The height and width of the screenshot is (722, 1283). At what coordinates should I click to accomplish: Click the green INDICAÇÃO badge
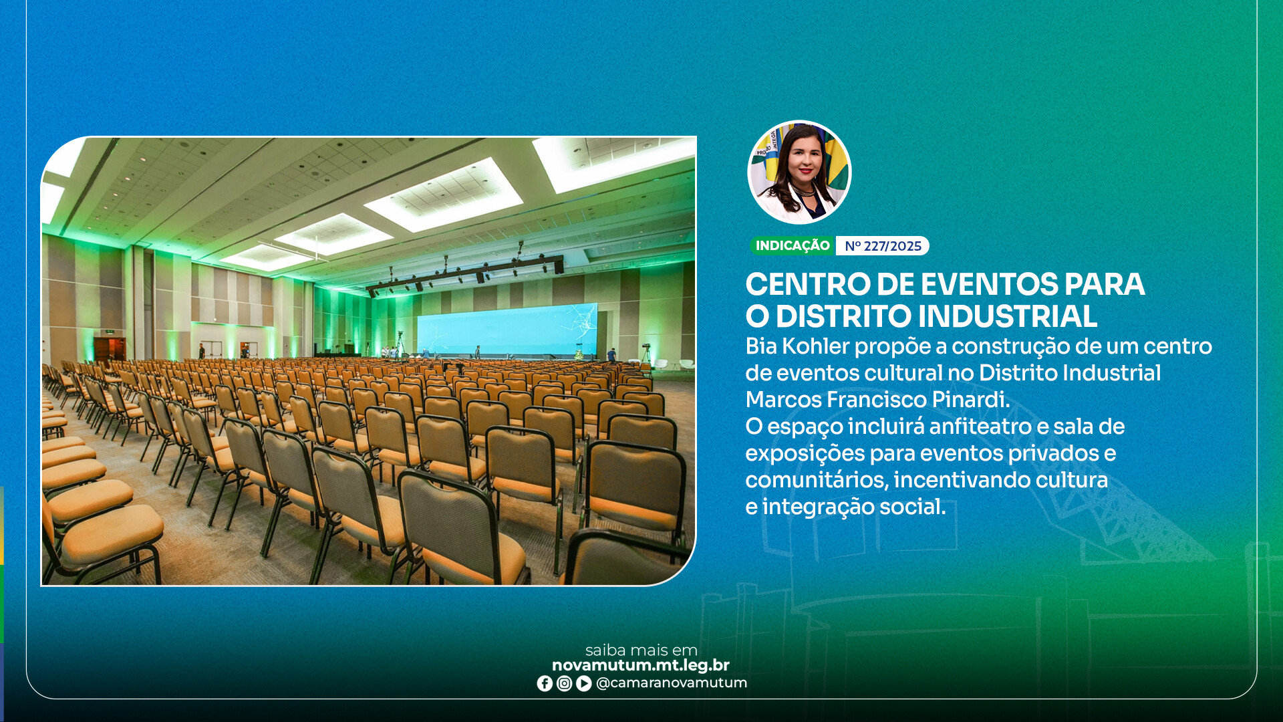pos(793,246)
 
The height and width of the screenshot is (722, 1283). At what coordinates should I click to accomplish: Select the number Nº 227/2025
pos(883,246)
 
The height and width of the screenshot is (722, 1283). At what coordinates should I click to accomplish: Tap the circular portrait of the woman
pos(799,172)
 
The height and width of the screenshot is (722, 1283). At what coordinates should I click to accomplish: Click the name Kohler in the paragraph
pos(816,346)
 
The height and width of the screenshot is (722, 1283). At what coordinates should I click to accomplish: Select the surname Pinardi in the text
pos(971,400)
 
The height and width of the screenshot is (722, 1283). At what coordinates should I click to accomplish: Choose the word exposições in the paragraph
pos(805,454)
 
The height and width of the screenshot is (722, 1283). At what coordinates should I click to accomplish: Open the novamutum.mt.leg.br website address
pos(641,665)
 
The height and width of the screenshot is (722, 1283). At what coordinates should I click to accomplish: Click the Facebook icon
pos(545,683)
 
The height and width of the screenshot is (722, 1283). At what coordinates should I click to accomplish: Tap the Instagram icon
pos(564,683)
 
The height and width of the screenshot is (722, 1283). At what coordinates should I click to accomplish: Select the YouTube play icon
pos(583,683)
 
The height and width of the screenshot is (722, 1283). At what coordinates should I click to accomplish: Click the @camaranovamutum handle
pos(671,683)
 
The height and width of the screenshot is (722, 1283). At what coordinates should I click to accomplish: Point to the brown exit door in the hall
pos(110,349)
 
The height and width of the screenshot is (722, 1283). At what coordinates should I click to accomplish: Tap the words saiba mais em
pos(641,650)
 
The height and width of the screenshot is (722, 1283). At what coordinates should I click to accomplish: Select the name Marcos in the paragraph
pos(784,400)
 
